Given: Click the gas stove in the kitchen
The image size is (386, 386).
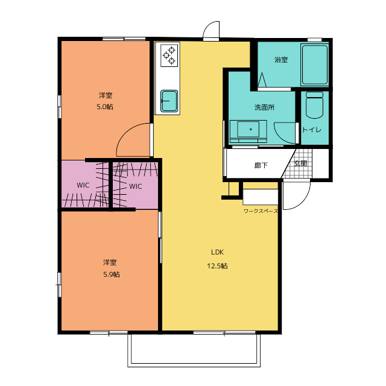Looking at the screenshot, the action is pyautogui.click(x=169, y=55).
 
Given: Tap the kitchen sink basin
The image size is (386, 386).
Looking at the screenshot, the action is pyautogui.click(x=169, y=101).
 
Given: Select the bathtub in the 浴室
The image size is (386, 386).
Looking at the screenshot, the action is pyautogui.click(x=315, y=65).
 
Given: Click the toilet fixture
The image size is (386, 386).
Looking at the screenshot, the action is pyautogui.click(x=314, y=105).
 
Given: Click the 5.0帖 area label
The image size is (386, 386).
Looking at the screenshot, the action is pyautogui.click(x=105, y=107).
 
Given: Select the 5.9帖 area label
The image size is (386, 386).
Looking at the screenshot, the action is pyautogui.click(x=111, y=274).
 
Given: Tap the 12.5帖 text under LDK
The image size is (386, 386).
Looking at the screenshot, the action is pyautogui.click(x=217, y=266).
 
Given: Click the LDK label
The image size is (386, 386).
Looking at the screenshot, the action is pyautogui.click(x=217, y=252).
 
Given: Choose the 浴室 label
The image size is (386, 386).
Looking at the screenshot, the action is pyautogui.click(x=281, y=60).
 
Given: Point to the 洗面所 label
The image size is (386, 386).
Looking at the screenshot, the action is pyautogui.click(x=264, y=107).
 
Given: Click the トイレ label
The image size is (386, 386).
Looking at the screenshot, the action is pyautogui.click(x=312, y=130).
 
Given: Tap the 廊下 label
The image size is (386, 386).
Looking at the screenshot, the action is pyautogui.click(x=261, y=165).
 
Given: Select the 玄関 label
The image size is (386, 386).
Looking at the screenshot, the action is pyautogui.click(x=300, y=163).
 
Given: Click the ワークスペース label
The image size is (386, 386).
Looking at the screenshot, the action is pyautogui.click(x=261, y=211).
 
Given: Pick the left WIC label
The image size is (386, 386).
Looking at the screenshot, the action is pyautogui.click(x=83, y=185).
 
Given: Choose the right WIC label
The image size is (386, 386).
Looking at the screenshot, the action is pyautogui.click(x=135, y=186).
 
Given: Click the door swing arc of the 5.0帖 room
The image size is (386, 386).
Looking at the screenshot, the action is pyautogui.click(x=128, y=130).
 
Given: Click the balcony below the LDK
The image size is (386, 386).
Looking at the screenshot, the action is pyautogui.click(x=194, y=350).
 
